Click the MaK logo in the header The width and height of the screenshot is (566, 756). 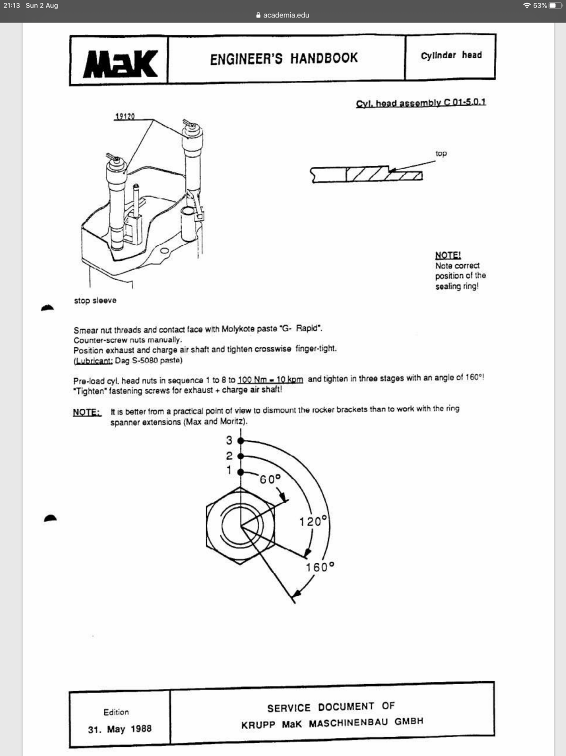click(x=120, y=64)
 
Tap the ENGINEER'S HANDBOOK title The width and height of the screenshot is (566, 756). click(x=284, y=59)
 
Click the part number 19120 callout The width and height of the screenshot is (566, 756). click(x=125, y=116)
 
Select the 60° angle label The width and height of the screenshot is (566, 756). click(x=270, y=479)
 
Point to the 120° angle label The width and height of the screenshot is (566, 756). click(x=313, y=522)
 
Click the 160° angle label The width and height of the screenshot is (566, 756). click(x=320, y=567)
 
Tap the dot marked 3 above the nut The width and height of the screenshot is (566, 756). click(x=240, y=441)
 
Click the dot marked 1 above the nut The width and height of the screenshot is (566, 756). click(x=240, y=472)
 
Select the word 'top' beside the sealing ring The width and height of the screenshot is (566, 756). click(x=441, y=154)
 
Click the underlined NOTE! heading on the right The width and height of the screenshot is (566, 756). click(x=448, y=255)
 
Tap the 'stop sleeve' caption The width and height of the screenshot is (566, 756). click(x=95, y=301)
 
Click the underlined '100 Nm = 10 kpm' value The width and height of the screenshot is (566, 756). click(x=270, y=380)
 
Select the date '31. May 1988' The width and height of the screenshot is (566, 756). click(x=119, y=729)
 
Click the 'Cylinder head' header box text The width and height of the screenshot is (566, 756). click(x=451, y=55)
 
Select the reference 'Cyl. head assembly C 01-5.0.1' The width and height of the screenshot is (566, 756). click(x=421, y=103)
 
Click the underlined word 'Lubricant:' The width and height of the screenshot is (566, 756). click(x=93, y=361)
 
